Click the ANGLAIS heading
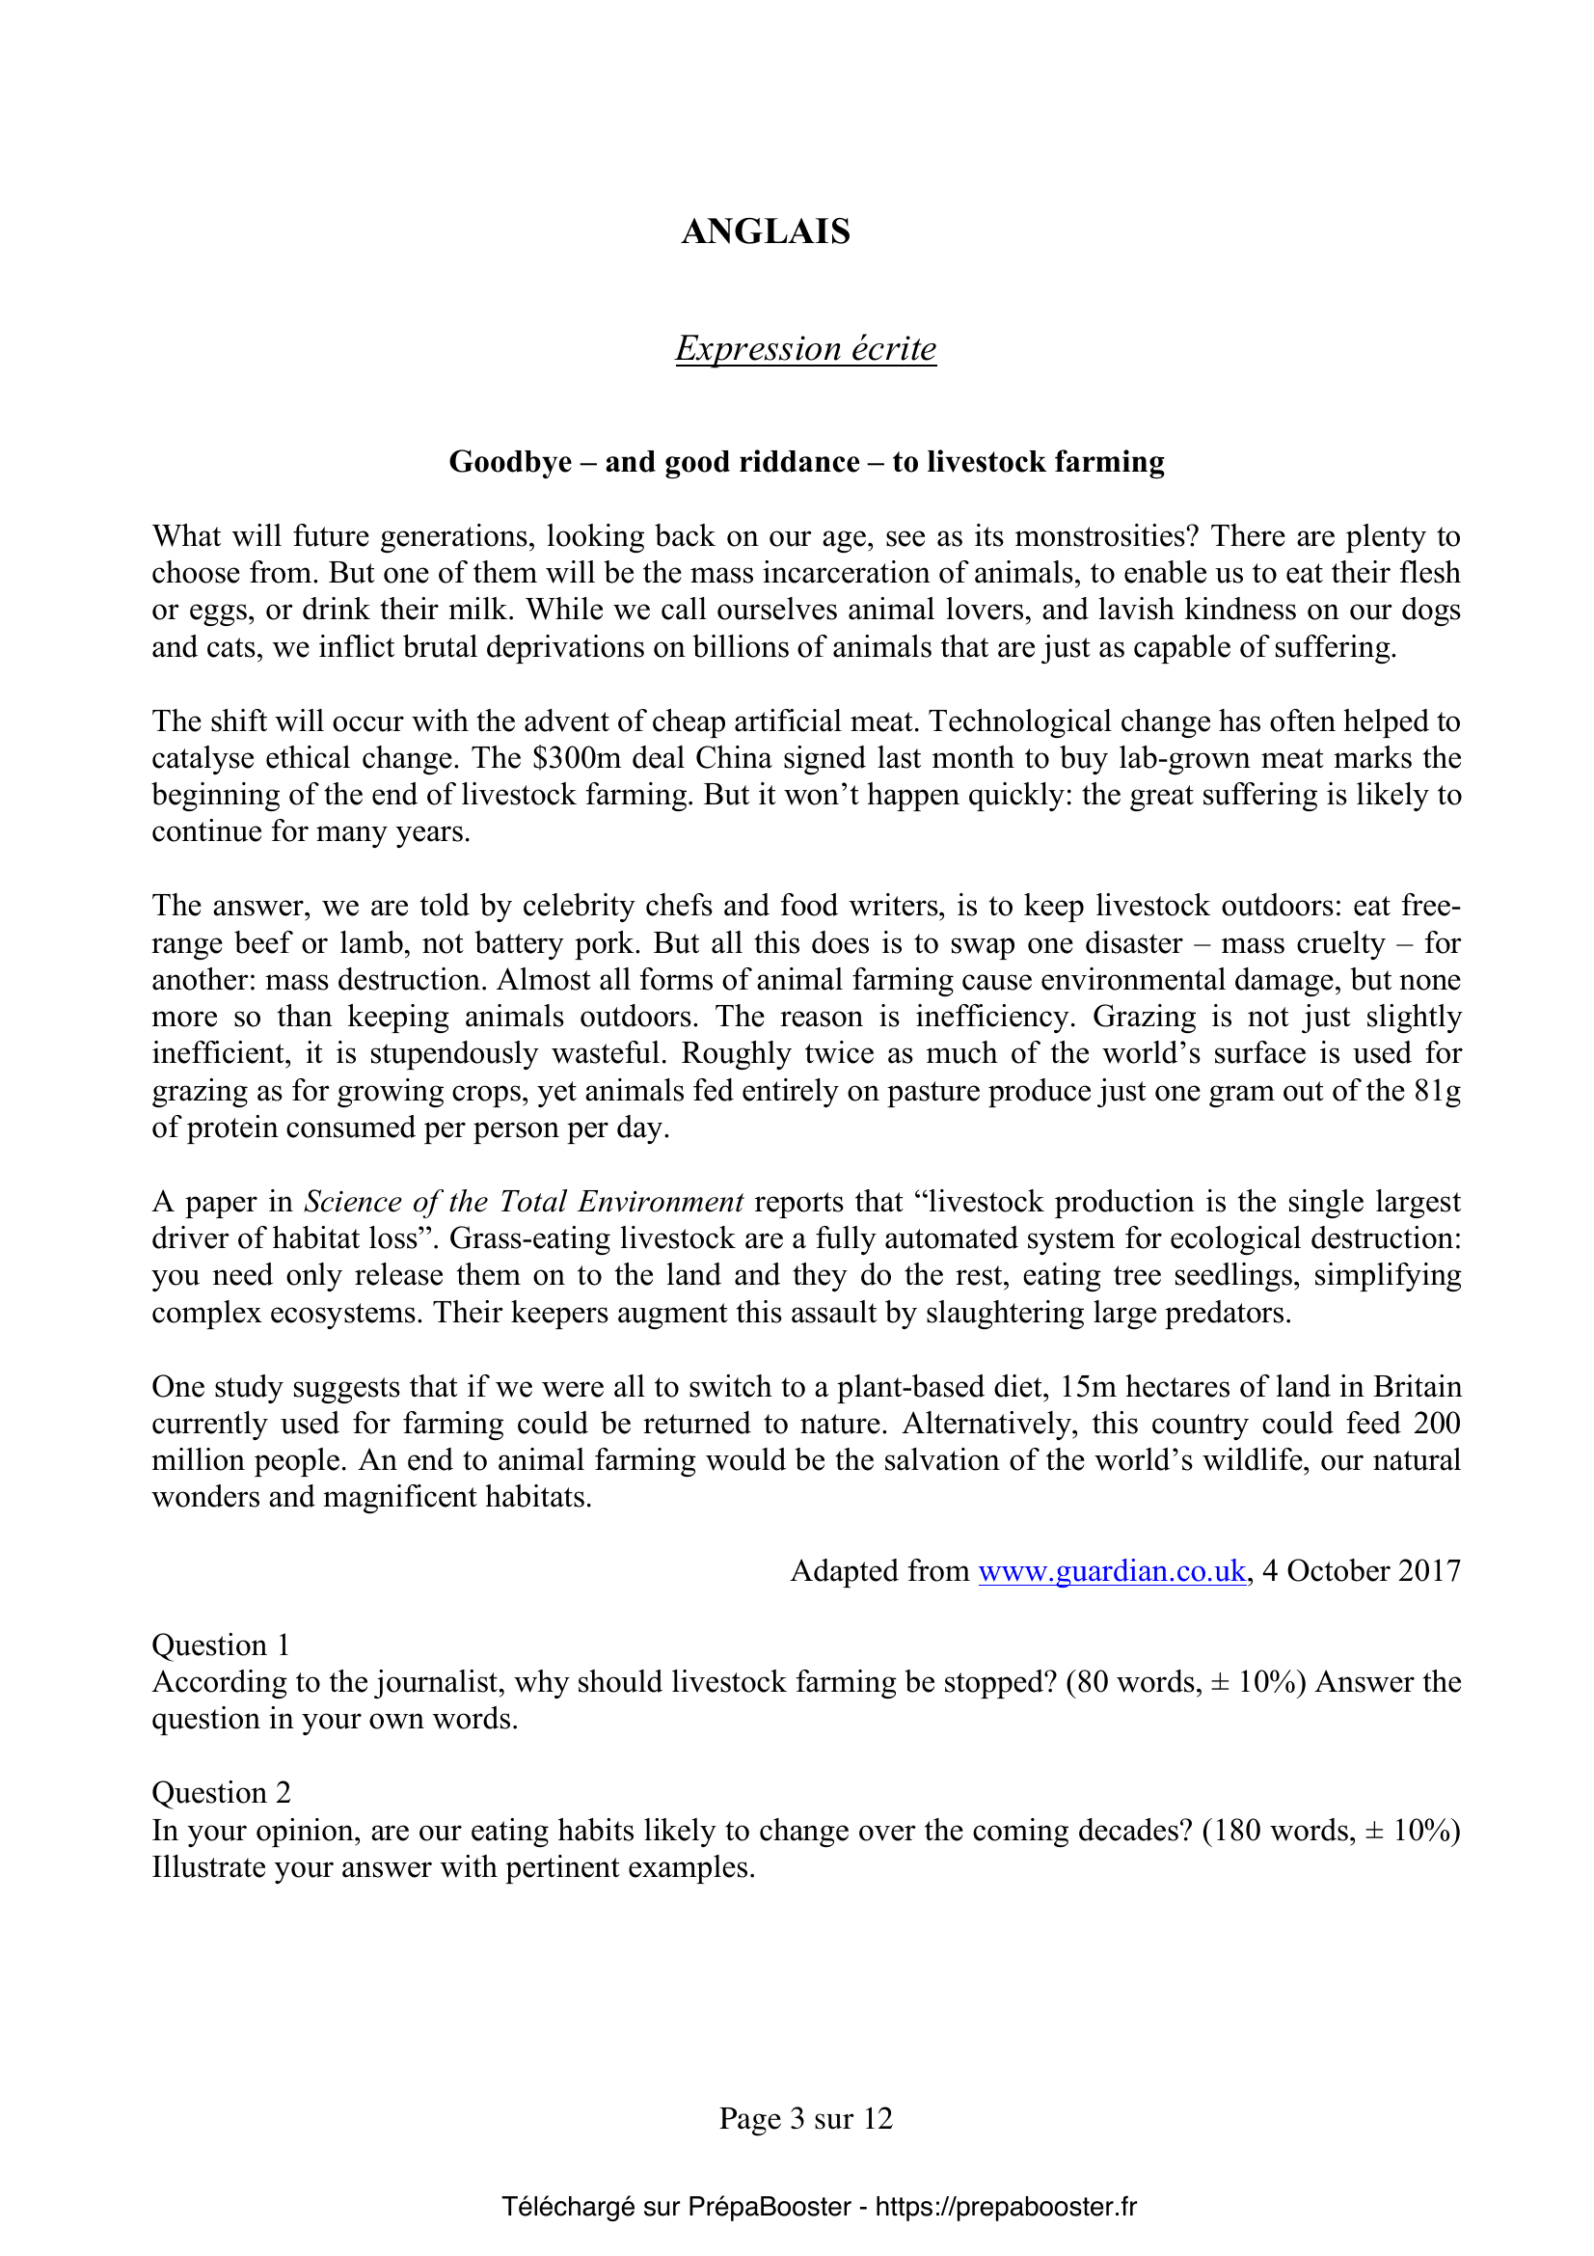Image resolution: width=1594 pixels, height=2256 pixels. click(765, 231)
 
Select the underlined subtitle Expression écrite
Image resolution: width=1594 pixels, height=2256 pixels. click(805, 349)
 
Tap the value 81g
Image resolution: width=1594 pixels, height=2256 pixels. click(1438, 1091)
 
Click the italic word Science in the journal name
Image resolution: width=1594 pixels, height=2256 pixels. click(353, 1202)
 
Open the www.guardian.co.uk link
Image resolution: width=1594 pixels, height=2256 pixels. click(1112, 1571)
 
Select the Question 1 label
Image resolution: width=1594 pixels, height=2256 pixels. click(221, 1644)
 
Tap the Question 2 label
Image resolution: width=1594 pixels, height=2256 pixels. click(221, 1793)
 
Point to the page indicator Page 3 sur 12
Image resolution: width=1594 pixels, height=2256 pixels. click(805, 2117)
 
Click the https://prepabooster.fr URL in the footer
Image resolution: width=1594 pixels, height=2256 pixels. click(1006, 2207)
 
